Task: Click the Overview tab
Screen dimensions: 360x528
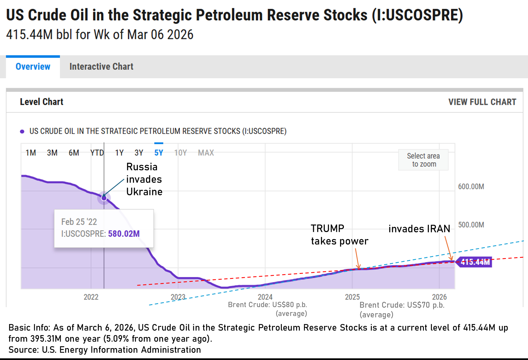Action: pos(33,67)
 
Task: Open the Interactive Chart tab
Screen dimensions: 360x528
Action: pos(101,67)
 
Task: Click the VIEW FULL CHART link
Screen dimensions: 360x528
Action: pos(482,102)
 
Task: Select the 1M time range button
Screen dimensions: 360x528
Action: pos(31,153)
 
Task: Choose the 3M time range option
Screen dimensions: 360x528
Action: pos(52,153)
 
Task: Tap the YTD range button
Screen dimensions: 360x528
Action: pos(97,153)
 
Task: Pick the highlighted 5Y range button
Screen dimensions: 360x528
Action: pos(159,153)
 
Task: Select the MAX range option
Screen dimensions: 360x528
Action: pos(206,153)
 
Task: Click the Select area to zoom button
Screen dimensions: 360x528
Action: pos(423,160)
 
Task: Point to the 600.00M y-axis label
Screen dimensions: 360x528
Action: pos(471,187)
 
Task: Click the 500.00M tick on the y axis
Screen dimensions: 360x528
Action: pos(471,225)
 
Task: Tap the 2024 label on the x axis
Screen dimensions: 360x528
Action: pos(265,297)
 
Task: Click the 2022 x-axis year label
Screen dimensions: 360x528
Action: pos(91,297)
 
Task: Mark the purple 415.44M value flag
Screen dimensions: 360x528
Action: pos(475,262)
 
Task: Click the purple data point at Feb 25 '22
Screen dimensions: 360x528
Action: pos(104,198)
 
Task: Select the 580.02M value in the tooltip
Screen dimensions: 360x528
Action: pos(124,234)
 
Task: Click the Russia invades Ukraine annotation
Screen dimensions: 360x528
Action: pos(144,179)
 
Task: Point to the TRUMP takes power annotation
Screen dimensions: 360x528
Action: pos(339,235)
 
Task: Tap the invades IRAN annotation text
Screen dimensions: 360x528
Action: pos(419,229)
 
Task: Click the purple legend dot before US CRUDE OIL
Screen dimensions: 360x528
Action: pos(22,132)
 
